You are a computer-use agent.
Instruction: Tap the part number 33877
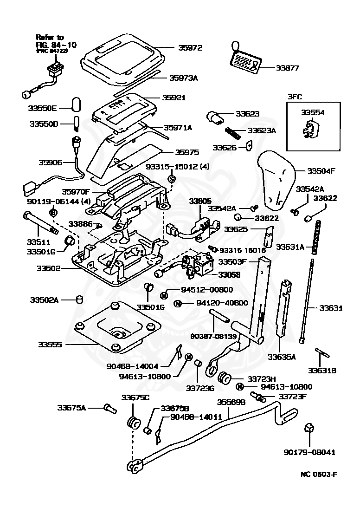pos(287,68)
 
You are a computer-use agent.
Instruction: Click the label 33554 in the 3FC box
pos(313,112)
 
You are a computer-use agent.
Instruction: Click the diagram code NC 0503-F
pos(318,475)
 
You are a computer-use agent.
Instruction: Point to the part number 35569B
pos(231,402)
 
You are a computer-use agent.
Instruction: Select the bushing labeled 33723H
pos(225,378)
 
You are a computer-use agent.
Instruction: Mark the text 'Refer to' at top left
pos(51,37)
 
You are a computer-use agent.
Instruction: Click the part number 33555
pos(50,345)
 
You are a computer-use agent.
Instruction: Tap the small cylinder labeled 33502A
pos(79,299)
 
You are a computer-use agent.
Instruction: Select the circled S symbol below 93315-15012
pos(172,179)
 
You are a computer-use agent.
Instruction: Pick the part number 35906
pos(50,163)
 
